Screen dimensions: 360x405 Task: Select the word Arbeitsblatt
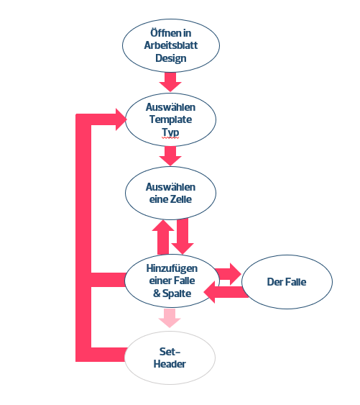171,45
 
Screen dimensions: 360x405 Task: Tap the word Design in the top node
171,58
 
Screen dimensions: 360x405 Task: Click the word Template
170,119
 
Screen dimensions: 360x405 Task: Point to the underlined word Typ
170,132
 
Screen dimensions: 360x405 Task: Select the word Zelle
181,199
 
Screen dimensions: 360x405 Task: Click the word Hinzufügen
172,268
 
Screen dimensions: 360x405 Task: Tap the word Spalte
177,293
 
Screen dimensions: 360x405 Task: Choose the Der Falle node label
287,282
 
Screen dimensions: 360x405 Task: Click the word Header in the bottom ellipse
170,364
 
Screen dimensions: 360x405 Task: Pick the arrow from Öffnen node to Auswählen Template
170,82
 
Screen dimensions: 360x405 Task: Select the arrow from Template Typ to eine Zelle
170,156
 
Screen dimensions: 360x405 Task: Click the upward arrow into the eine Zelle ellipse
163,237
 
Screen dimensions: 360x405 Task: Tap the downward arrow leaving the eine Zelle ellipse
183,237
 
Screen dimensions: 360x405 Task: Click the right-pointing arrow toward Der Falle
228,274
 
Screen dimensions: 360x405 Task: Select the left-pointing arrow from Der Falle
226,292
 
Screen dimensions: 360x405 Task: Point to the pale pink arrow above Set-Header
170,318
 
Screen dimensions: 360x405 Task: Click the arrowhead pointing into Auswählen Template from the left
121,119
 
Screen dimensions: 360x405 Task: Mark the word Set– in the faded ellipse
170,352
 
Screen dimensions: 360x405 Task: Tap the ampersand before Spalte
157,293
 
